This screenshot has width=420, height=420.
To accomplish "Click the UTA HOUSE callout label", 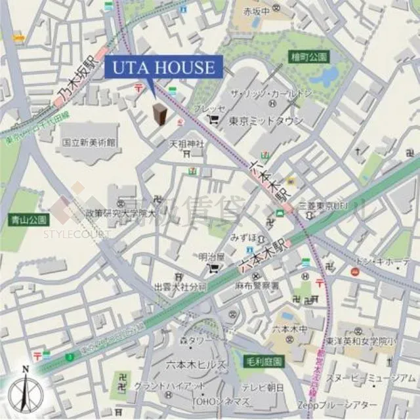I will tap(163, 67).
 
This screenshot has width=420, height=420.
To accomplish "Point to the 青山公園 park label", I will tap(28, 219).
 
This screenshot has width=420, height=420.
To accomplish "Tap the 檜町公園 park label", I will tap(310, 57).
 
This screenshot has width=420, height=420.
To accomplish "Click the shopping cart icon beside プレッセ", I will tap(214, 119).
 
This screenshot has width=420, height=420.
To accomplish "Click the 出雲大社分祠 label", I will tap(180, 287).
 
